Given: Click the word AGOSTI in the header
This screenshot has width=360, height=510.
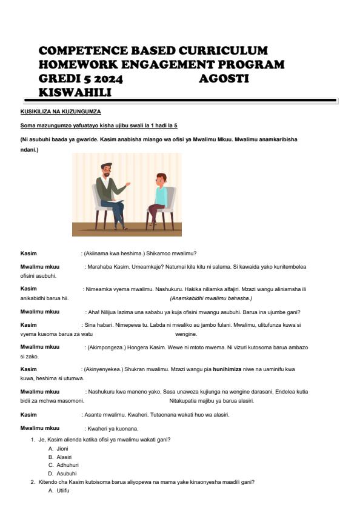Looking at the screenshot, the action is coord(224,79).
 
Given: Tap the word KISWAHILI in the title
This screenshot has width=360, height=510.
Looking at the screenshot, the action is coord(75,92).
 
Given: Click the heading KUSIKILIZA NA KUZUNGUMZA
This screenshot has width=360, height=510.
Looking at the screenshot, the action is coord(61,112).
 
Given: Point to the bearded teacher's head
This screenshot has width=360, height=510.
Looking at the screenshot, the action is coord(107,170).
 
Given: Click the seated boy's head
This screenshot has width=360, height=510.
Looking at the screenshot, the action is coord(161,180).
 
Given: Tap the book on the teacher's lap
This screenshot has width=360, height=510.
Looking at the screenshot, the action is coord(116,201).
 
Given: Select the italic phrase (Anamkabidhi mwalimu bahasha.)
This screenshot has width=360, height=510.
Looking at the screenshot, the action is coord(211,298).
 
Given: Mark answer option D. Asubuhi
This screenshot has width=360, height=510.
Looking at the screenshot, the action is coord(62,473).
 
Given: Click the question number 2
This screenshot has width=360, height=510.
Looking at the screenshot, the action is coord(33,481).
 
